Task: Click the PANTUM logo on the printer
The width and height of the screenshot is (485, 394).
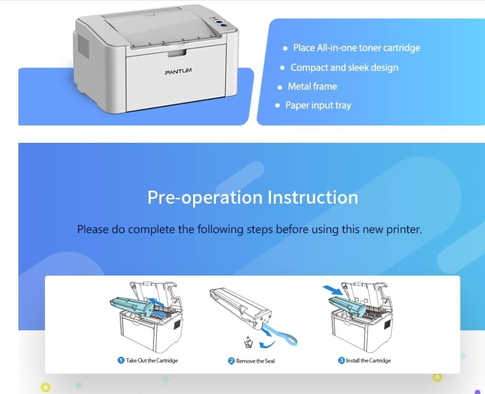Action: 178,72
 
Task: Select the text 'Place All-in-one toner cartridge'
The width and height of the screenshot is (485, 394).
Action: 356,48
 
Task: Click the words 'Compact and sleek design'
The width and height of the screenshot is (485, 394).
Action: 344,68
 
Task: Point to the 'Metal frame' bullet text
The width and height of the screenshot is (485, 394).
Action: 312,86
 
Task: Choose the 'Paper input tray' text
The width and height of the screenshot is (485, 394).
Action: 318,105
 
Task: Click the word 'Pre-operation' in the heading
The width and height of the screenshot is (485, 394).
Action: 204,197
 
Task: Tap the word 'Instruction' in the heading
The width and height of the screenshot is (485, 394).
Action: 313,197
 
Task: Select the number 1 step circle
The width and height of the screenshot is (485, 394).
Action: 121,360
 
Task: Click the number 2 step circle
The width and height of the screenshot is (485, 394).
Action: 231,361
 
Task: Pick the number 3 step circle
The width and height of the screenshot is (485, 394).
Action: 341,360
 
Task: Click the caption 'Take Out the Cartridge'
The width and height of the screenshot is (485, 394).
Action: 152,360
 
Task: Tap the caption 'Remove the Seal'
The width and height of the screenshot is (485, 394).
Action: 255,361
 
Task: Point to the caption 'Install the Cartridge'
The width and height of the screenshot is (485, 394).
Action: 368,360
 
